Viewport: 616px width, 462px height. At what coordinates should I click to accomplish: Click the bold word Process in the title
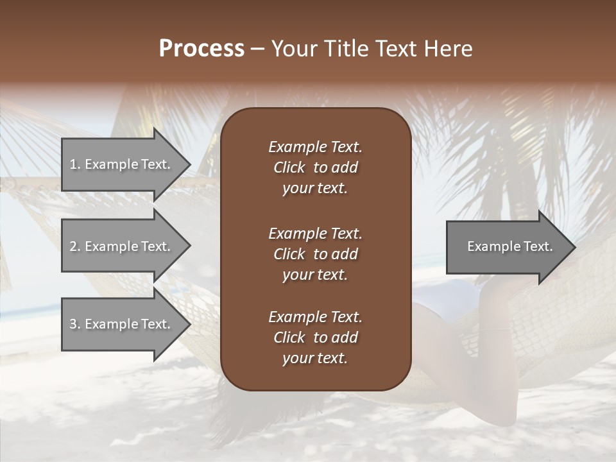coord(201,49)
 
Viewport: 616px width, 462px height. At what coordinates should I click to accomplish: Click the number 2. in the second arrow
coord(75,246)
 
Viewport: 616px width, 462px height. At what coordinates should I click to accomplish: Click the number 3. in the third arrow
coord(75,324)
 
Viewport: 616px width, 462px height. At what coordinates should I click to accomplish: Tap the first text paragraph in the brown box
coord(315,167)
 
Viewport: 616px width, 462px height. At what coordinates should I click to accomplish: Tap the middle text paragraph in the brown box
coord(315,253)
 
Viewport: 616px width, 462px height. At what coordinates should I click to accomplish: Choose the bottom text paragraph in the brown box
coord(315,338)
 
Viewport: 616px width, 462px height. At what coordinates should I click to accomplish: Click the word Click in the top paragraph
coord(289,167)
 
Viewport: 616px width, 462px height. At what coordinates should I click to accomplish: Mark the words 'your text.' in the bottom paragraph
coord(315,358)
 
